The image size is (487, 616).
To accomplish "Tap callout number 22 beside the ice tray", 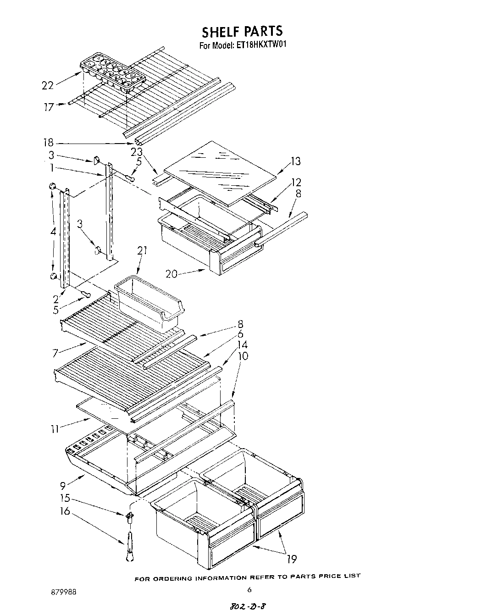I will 47,85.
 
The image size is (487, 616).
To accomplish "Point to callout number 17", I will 49,107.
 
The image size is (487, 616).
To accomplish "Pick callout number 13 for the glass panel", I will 296,161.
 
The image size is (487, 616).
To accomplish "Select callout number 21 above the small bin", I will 142,250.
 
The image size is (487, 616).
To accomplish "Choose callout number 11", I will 55,429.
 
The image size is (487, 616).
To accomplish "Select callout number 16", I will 65,511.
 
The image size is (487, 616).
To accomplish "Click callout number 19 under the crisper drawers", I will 292,559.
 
